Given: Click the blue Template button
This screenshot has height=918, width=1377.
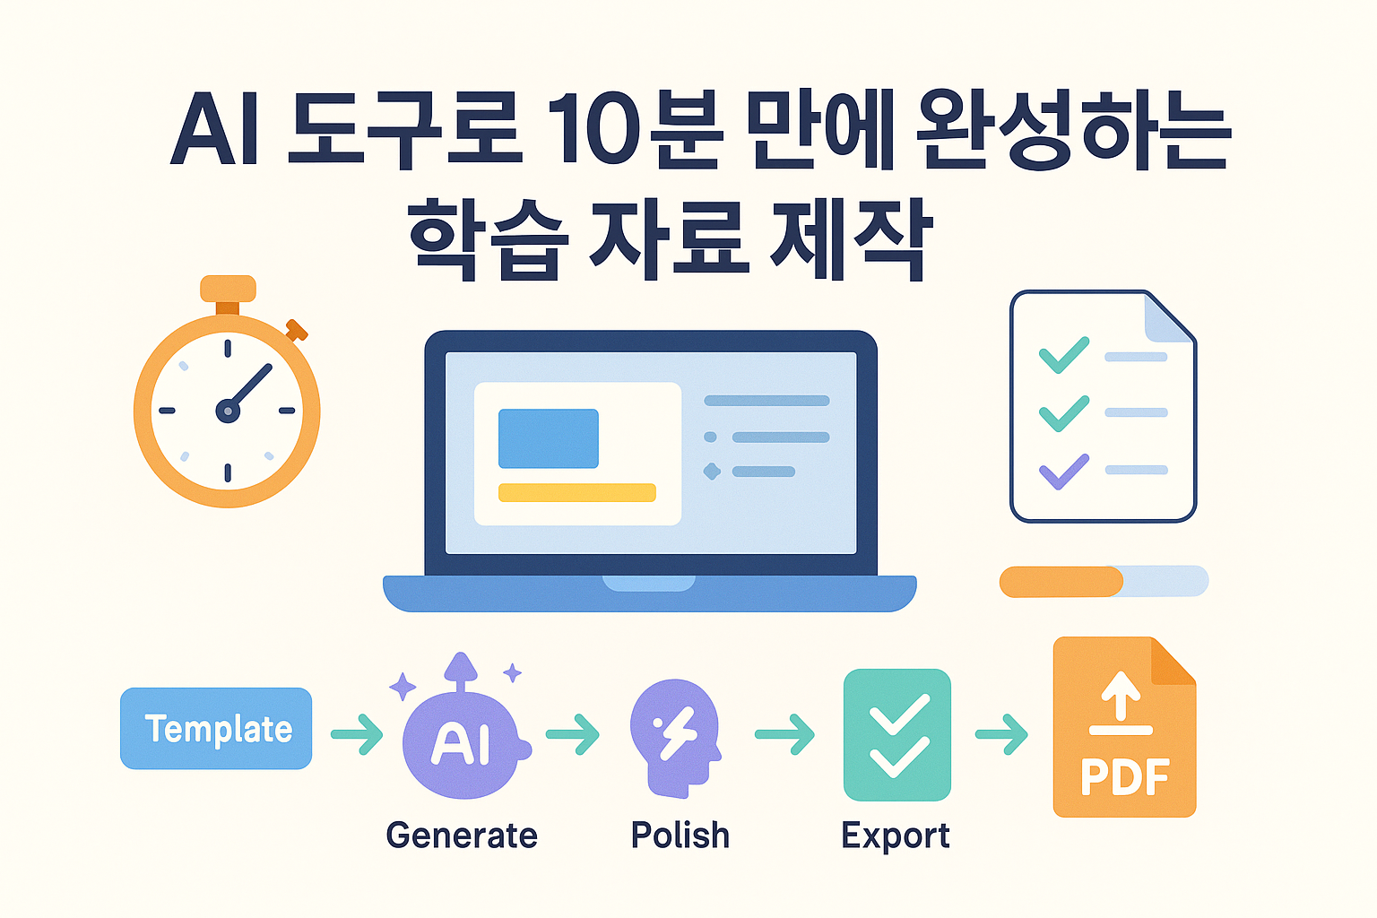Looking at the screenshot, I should point(216,728).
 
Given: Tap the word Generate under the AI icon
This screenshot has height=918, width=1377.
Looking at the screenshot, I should point(462,836).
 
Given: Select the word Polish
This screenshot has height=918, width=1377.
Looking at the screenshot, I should point(680,836).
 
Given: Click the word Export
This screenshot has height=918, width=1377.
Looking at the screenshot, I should point(895,836).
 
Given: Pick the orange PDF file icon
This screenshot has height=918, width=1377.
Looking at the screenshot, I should point(1124,728).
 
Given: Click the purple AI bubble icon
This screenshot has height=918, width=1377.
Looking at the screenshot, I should point(462,742).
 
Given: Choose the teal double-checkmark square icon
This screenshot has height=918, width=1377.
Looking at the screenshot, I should point(897,734).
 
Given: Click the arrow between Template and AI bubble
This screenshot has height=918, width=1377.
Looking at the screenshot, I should point(358,734).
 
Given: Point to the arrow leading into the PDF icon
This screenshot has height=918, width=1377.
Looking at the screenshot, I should point(1001,734).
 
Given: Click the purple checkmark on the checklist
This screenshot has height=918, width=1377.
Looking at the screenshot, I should point(1063,471).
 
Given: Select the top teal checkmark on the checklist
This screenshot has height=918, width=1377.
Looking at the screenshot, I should point(1063,355).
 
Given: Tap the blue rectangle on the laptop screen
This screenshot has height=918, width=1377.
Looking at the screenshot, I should point(548,438).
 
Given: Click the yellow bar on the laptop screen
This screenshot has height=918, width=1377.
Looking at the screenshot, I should point(576,492).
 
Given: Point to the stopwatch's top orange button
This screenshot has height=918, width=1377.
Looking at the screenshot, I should point(228,289).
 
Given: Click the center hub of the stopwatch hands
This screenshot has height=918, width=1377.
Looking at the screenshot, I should point(228,411).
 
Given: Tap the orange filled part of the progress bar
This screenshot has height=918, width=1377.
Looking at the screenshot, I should point(1061,582).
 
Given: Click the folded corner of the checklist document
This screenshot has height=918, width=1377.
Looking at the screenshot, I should point(1168,318).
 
